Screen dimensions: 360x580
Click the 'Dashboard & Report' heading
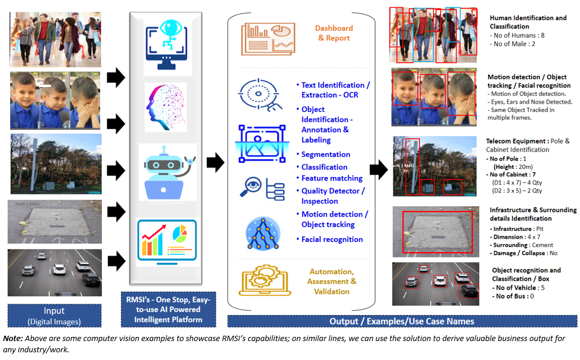335,33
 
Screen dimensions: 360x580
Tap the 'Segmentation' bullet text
326,155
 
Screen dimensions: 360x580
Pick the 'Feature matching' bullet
332,178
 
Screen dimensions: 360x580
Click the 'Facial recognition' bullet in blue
332,239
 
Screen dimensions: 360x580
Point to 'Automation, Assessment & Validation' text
331,281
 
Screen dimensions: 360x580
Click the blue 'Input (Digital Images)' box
54,316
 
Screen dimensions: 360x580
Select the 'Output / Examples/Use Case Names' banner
402,321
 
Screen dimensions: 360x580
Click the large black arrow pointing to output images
379,171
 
